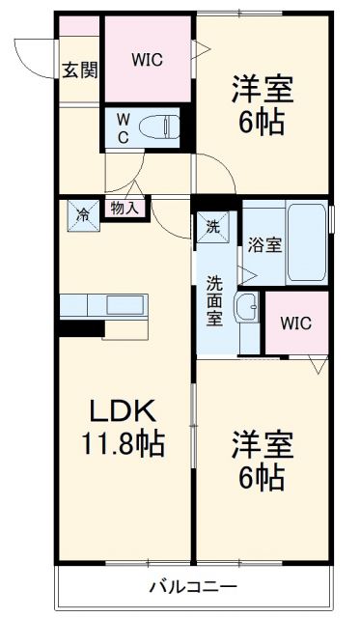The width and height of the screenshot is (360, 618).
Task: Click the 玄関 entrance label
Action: (x=80, y=70)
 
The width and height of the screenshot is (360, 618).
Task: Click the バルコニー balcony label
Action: (x=193, y=586)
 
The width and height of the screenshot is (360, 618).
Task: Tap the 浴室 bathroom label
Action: (x=264, y=243)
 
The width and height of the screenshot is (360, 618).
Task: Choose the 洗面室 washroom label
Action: (x=214, y=301)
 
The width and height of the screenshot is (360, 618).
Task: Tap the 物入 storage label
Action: (x=125, y=207)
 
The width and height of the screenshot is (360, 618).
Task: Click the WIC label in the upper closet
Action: (x=147, y=58)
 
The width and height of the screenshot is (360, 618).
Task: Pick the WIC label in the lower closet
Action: (x=296, y=323)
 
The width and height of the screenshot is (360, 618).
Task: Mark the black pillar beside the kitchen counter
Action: (x=80, y=328)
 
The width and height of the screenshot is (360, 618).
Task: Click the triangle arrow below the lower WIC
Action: (x=316, y=365)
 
